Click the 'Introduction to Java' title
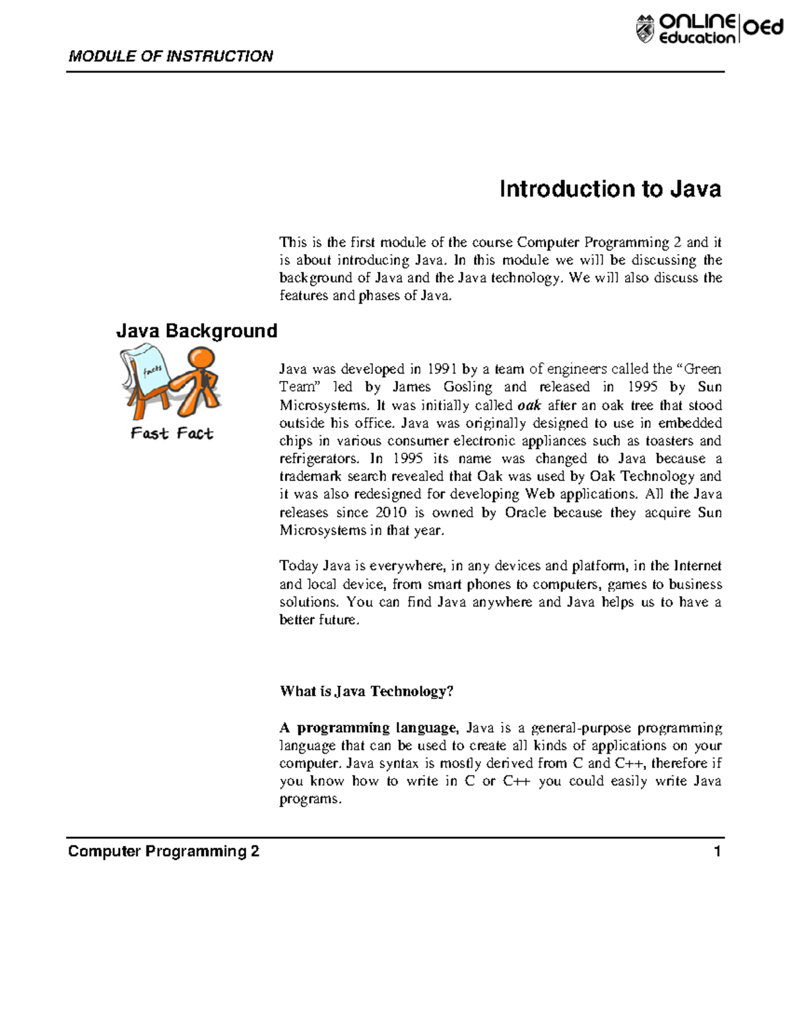coord(610,189)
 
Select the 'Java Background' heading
coord(197,331)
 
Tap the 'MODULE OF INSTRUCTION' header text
coord(171,56)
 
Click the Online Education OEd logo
coord(709,30)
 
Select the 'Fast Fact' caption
coord(172,434)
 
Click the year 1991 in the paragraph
coord(442,369)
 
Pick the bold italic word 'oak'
coord(529,405)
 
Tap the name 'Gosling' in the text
coord(467,387)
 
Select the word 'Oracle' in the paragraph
coord(525,513)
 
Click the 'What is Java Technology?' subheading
coord(366,691)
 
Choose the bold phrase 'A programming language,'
coord(368,728)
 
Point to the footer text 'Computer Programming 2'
coord(164,851)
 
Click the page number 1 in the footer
coord(717,851)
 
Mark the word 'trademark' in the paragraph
coord(310,477)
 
